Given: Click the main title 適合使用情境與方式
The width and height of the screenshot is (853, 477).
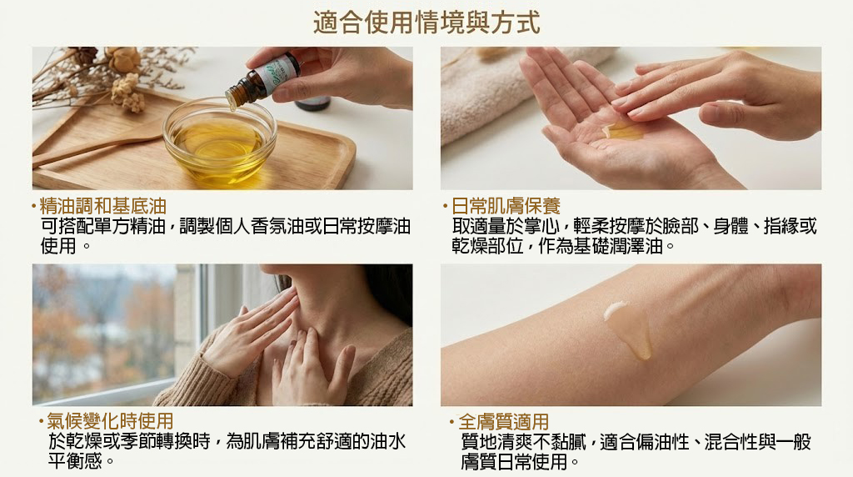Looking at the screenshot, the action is tap(426, 23).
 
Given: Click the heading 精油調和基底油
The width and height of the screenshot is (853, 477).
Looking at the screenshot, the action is tap(102, 206).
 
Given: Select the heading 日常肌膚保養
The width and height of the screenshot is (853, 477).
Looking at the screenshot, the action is tap(506, 206).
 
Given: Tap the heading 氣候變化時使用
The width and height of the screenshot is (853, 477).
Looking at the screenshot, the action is tap(110, 421).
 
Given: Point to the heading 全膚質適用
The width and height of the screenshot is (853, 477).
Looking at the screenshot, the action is tap(504, 421).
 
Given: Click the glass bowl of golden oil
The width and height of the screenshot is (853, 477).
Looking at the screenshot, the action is tap(220, 142).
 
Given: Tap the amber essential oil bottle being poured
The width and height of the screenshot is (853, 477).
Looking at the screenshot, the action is tap(262, 79).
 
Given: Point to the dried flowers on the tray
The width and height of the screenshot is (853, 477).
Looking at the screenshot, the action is tap(109, 73).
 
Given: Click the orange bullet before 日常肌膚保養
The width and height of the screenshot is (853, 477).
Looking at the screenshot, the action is tap(445, 206).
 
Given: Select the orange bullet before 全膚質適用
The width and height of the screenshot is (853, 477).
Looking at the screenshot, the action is tap(451, 421).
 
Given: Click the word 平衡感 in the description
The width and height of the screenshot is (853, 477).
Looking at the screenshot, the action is tap(75, 461).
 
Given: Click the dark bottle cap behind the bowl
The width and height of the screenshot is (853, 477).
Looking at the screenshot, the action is tap(312, 103).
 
